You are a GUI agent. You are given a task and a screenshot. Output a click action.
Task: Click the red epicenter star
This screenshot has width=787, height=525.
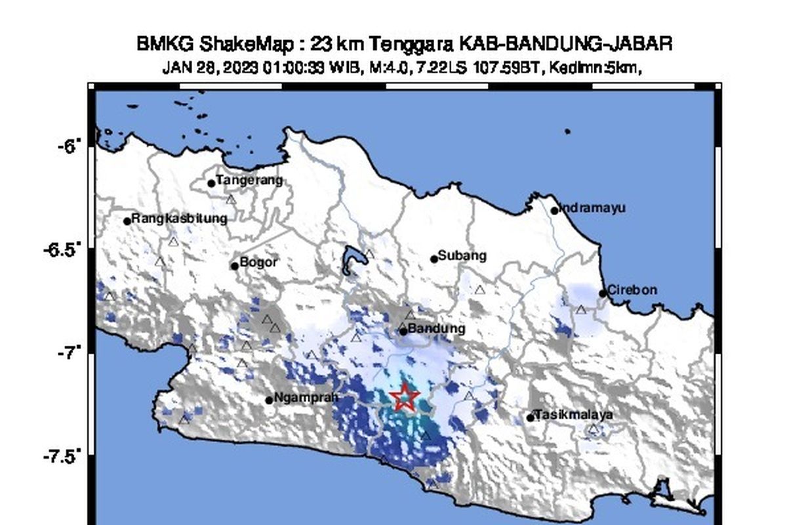[405, 397]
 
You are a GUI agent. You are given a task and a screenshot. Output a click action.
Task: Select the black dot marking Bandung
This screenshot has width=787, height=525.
[403, 331]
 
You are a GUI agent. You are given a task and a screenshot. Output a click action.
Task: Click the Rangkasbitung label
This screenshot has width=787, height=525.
[179, 219]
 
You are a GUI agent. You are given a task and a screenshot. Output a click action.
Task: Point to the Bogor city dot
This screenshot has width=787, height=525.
[235, 266]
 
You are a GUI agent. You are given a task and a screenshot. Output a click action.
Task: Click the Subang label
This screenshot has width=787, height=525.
[462, 255]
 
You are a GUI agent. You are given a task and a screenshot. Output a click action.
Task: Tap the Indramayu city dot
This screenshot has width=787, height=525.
[554, 211]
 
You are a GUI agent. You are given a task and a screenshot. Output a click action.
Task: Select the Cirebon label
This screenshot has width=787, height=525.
[632, 290]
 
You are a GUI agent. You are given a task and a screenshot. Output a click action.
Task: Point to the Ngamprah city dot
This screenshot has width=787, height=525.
[269, 400]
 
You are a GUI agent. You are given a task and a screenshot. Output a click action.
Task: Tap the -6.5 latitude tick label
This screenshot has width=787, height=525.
[65, 250]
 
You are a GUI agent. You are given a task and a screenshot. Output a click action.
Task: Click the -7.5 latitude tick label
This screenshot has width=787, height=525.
[65, 457]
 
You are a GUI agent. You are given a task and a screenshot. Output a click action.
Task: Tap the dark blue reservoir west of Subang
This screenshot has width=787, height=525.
[352, 258]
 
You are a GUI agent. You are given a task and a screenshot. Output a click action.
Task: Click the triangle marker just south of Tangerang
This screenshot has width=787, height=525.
[231, 199]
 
